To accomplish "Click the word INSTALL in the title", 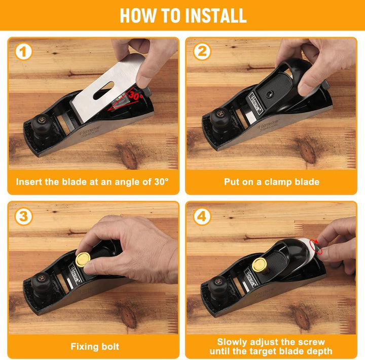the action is tap(215, 16).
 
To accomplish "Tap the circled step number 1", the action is tap(23, 52).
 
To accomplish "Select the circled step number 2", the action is tap(202, 51).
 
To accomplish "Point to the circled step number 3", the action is tap(23, 217).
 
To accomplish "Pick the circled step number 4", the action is tap(202, 217).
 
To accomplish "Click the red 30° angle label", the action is tap(135, 95).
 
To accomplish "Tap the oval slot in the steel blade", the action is tap(103, 90).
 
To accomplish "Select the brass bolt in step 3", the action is tap(83, 260).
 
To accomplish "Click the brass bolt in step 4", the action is tap(260, 265).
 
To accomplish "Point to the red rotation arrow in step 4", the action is tap(316, 247).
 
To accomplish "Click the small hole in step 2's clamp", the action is tap(269, 94).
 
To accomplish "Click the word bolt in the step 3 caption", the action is tap(110, 346).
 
